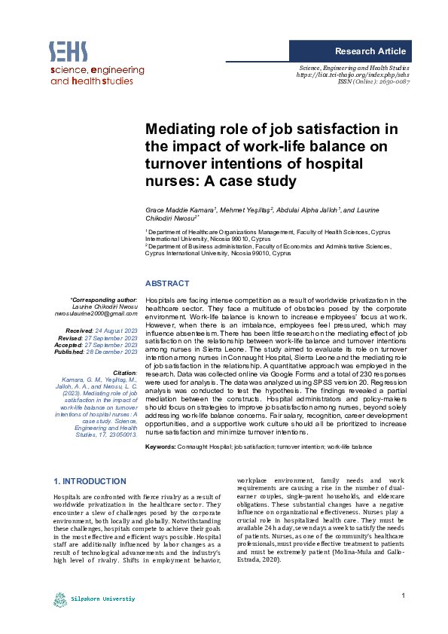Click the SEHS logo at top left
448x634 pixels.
69,51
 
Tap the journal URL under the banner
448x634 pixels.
354,75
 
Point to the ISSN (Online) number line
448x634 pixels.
374,82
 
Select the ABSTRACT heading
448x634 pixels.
166,283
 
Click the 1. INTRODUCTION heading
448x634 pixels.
90,481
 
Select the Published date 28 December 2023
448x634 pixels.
117,350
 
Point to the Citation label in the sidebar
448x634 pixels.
123,373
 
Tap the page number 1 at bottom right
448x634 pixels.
404,597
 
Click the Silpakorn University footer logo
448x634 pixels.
93,599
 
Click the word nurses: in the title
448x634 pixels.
170,181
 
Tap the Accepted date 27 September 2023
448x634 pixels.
117,343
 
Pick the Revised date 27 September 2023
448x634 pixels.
117,337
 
